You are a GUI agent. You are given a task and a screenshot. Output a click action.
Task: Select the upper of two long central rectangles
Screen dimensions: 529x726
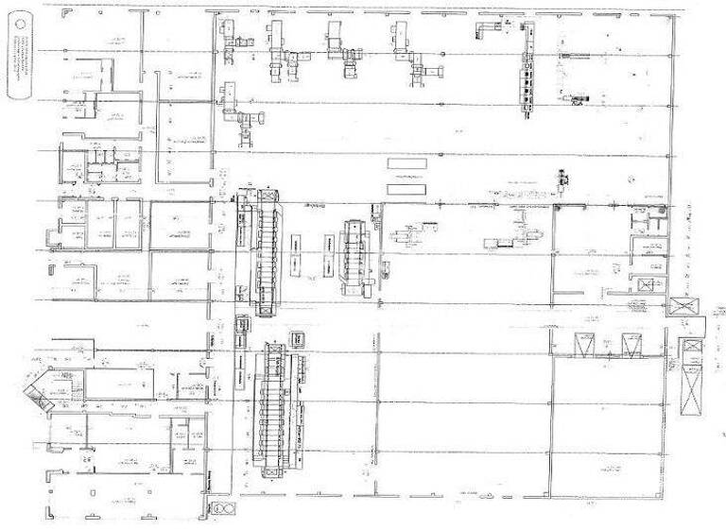406,163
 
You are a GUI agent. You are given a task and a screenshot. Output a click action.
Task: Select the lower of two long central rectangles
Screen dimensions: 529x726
406,189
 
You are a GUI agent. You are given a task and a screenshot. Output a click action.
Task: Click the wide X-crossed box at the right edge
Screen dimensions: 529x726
683,306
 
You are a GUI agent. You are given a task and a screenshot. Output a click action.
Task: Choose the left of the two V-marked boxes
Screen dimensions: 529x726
584,345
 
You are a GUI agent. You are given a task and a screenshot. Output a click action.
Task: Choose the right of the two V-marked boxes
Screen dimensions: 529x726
631,345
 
